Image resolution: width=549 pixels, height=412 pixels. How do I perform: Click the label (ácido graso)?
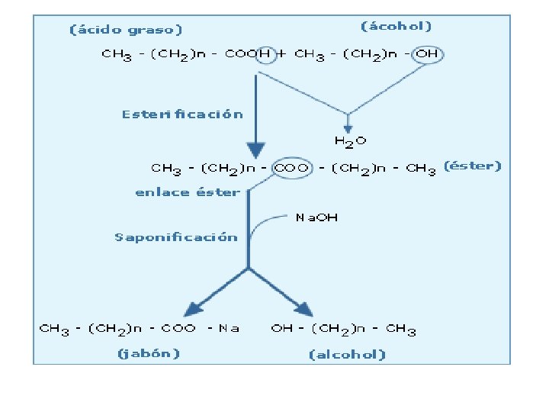tap(126, 30)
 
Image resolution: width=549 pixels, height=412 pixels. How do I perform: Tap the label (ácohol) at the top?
tap(396, 26)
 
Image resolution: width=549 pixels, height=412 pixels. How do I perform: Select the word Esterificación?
tap(182, 114)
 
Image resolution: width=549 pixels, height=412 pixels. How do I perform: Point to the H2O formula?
tap(350, 140)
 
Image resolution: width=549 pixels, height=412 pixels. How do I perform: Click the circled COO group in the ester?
tap(292, 168)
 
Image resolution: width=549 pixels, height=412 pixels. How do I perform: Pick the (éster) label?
tap(473, 166)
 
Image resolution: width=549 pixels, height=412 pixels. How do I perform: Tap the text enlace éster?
tap(187, 192)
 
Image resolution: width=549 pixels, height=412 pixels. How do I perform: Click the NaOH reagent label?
tap(316, 217)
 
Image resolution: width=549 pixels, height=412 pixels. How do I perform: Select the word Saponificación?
tap(176, 237)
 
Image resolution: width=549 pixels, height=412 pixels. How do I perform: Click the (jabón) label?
tap(148, 353)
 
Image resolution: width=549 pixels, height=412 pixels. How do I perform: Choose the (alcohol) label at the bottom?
tap(347, 354)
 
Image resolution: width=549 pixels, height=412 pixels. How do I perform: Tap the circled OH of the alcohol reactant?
tap(427, 54)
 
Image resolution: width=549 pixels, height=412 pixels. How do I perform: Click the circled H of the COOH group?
tap(264, 54)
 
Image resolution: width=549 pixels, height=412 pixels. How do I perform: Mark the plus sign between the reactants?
tap(283, 54)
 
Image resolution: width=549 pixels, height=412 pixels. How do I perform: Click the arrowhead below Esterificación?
tap(255, 150)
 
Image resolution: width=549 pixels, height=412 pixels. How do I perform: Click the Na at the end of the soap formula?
tap(229, 329)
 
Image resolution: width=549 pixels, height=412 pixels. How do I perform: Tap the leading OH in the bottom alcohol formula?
tap(281, 329)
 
